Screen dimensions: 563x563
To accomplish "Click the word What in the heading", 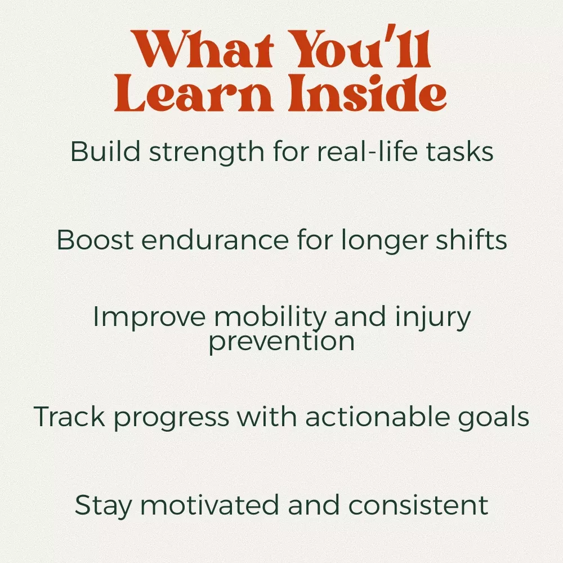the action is (x=202, y=49).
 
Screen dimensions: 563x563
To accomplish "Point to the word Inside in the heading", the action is (x=368, y=92).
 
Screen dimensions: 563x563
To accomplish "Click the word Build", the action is (x=105, y=151).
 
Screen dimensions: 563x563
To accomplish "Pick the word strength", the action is (x=207, y=153).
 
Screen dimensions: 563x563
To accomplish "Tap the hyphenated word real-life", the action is (x=367, y=151).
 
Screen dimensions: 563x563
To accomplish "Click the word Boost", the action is (x=95, y=239).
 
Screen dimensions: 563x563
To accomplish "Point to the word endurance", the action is (x=215, y=239).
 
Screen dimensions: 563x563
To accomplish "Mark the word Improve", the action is (x=149, y=318).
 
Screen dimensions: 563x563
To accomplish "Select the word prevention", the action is (x=281, y=342).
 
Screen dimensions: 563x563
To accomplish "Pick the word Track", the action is (x=69, y=416).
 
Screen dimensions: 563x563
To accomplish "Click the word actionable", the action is (x=377, y=416).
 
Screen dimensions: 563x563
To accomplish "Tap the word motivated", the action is (x=209, y=504).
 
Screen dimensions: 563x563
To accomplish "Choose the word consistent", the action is (x=418, y=504).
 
